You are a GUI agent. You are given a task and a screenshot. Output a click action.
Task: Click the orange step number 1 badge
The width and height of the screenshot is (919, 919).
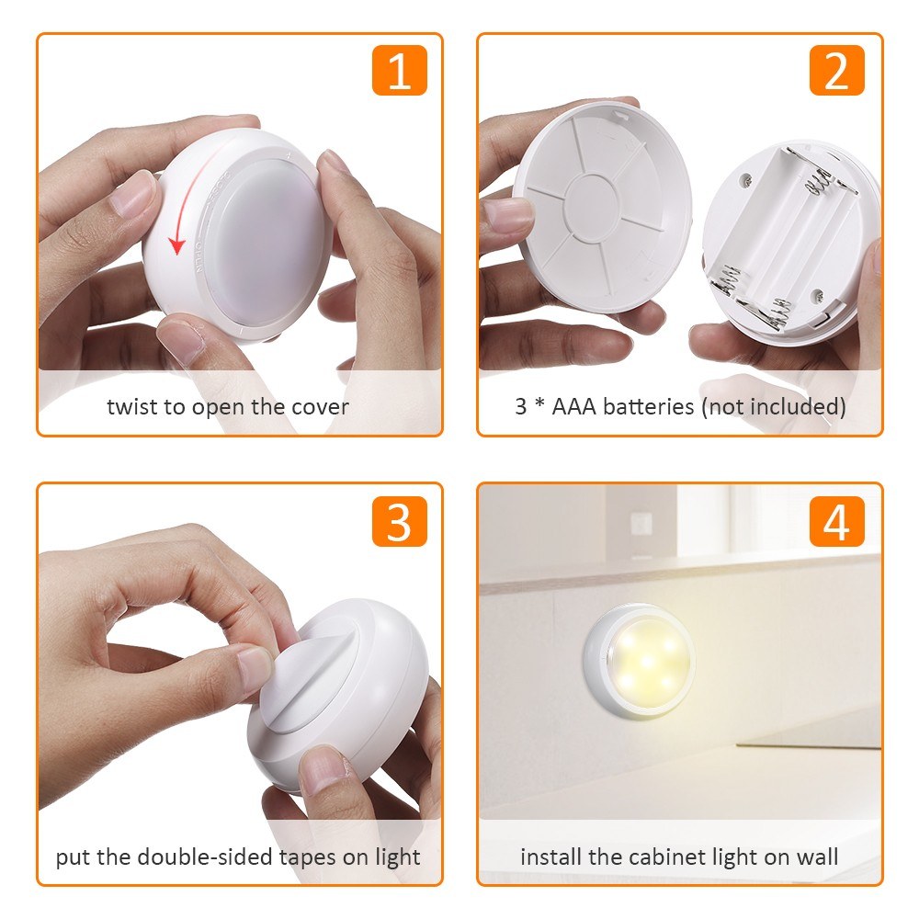399,70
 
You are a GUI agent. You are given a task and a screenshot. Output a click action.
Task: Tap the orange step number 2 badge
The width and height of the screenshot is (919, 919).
836,70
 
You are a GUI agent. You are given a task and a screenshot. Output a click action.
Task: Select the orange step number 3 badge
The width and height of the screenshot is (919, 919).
399,521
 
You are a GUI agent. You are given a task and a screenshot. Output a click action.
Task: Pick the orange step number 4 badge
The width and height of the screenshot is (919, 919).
836,521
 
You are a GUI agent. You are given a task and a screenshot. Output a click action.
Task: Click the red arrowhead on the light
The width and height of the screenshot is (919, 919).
176,246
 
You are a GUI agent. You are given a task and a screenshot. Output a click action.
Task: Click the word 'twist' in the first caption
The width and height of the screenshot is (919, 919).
130,407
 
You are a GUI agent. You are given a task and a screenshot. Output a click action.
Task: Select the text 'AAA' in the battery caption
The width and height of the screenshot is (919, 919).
573,406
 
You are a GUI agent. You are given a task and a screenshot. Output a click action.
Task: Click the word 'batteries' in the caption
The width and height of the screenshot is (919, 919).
648,406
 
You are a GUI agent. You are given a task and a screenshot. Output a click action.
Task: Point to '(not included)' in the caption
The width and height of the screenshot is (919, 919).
774,406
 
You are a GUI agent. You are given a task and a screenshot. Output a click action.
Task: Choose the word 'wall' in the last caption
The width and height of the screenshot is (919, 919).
817,857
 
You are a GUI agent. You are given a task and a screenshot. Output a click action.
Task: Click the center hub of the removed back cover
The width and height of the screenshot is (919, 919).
592,203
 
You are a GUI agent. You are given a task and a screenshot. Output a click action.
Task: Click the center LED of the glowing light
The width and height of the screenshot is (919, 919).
647,662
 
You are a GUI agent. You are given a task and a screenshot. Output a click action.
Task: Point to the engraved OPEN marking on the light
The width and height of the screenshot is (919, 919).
199,257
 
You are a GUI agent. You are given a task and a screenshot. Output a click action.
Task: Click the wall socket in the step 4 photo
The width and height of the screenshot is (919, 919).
641,524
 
